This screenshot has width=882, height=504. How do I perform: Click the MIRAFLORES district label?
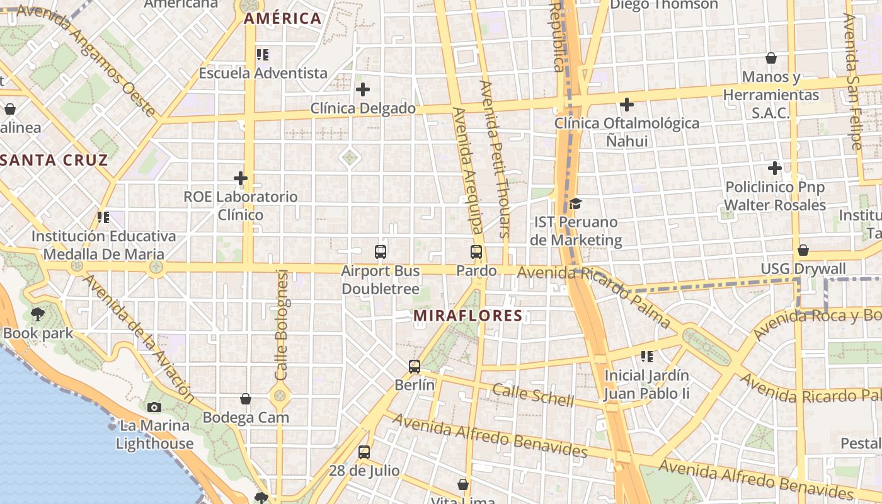(x=468, y=316)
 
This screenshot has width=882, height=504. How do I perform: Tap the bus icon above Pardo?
(x=476, y=252)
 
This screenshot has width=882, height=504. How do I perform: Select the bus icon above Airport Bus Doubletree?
(x=381, y=252)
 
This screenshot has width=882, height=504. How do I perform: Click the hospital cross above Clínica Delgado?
(x=363, y=89)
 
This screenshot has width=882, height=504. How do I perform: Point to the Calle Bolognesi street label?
(x=282, y=325)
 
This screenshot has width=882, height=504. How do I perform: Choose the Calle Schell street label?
(x=533, y=395)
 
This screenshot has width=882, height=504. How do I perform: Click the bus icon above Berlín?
(x=414, y=366)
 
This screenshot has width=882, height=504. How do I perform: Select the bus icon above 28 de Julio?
(x=364, y=452)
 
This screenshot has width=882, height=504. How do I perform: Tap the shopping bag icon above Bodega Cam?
(x=246, y=399)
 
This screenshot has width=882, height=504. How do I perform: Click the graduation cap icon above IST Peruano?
(x=575, y=203)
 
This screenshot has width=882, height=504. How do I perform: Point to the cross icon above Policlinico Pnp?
(x=775, y=168)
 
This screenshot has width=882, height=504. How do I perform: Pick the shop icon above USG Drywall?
(x=803, y=250)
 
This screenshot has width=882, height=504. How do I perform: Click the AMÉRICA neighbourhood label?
(x=283, y=18)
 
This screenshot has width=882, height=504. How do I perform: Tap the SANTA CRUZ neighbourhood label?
(x=55, y=160)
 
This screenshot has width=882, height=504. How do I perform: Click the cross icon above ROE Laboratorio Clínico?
(x=241, y=178)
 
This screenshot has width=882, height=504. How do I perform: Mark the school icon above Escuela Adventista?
(x=263, y=55)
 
